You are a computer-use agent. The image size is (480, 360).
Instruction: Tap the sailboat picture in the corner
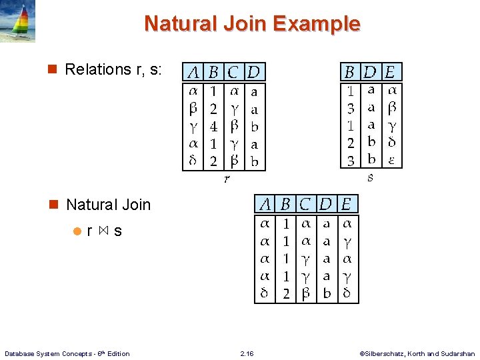click(18, 22)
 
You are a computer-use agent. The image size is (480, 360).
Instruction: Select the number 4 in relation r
click(213, 125)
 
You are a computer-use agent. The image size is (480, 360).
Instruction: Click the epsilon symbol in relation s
click(392, 161)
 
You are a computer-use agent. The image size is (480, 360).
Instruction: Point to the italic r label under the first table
click(227, 179)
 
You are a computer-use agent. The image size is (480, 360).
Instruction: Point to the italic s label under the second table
click(371, 178)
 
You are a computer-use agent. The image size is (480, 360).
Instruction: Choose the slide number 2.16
click(247, 354)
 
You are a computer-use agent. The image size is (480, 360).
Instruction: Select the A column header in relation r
click(194, 72)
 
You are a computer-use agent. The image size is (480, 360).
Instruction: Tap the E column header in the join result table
click(347, 204)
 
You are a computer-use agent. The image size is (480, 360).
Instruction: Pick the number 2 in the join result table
click(286, 293)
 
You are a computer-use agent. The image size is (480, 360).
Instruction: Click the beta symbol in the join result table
click(305, 293)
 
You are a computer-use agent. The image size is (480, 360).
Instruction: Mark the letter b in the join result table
click(327, 293)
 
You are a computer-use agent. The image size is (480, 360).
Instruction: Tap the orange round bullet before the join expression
click(77, 232)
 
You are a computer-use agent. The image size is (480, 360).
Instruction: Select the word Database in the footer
click(20, 354)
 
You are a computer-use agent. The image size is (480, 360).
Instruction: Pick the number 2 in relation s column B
click(351, 143)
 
